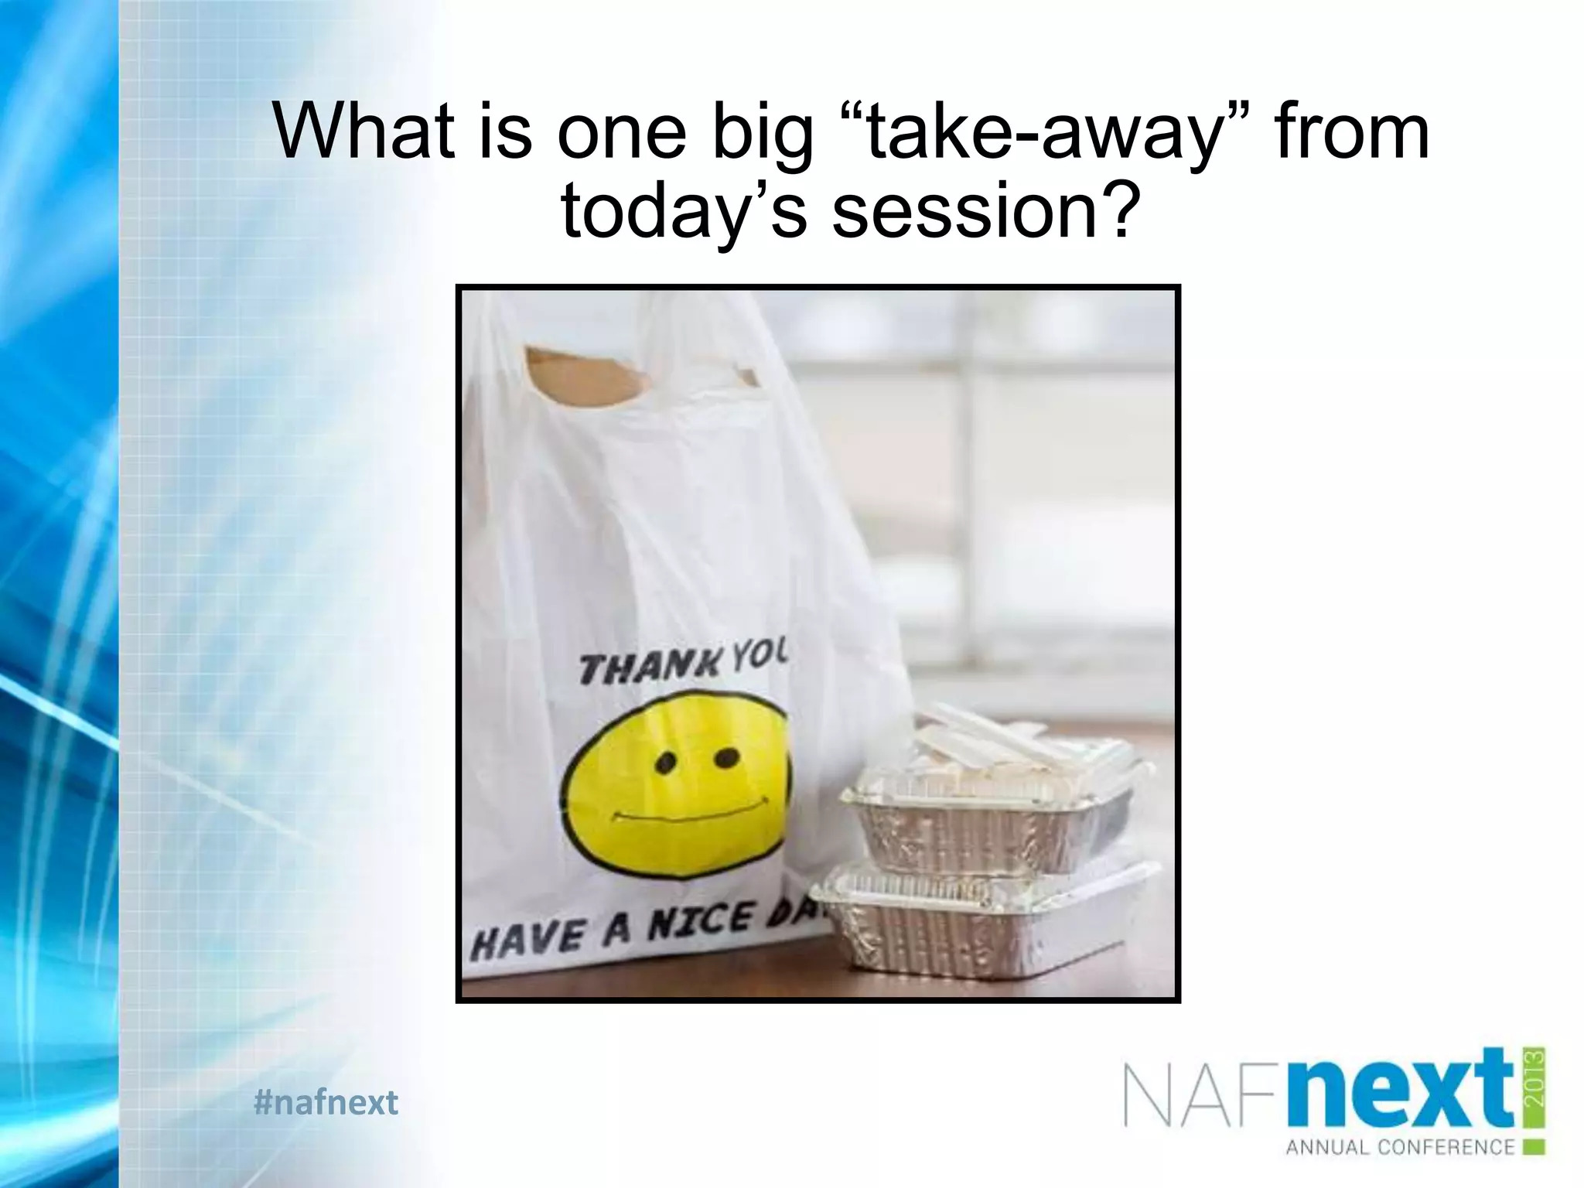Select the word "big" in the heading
(x=763, y=133)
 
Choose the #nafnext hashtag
(x=326, y=1102)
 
